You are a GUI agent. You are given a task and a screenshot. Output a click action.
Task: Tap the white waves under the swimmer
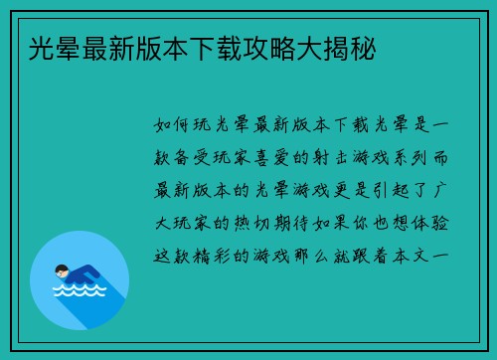pyautogui.click(x=79, y=293)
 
